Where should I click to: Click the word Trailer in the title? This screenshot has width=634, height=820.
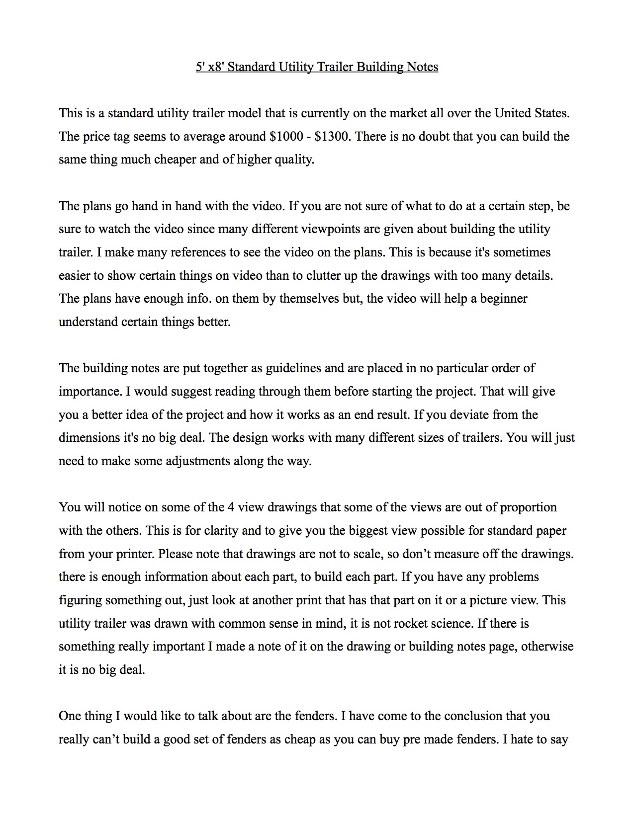[x=335, y=67]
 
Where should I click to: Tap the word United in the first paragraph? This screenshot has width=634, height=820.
[x=513, y=113]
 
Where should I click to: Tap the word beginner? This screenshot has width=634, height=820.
[x=503, y=299]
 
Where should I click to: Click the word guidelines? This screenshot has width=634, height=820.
[x=293, y=368]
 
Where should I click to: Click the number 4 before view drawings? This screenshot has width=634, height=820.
[x=231, y=507]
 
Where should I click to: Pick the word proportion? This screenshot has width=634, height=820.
[x=528, y=507]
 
